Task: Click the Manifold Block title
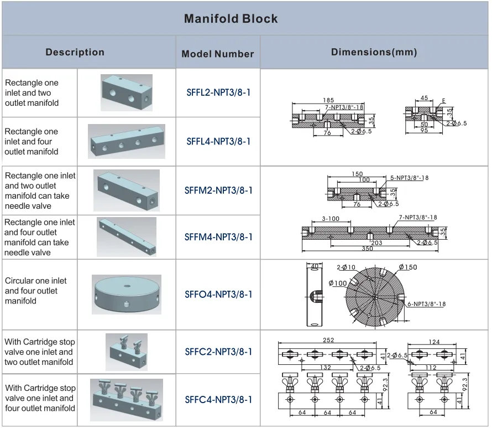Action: [231, 19]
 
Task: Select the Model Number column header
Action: [218, 54]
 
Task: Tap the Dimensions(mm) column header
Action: [374, 53]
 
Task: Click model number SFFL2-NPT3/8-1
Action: [218, 92]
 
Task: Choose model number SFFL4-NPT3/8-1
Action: [218, 141]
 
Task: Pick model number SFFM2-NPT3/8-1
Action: [218, 190]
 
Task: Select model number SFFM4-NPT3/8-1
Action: [218, 237]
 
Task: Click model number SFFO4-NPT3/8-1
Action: [218, 294]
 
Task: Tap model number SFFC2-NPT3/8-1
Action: [218, 352]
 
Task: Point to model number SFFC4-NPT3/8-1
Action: [218, 399]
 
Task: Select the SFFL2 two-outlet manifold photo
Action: [126, 92]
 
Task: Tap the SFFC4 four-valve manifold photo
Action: [127, 399]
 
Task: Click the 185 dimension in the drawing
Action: [328, 100]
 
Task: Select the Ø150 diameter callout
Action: [410, 267]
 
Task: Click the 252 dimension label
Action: [329, 341]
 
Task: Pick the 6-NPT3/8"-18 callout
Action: [426, 304]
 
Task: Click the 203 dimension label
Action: [376, 243]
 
